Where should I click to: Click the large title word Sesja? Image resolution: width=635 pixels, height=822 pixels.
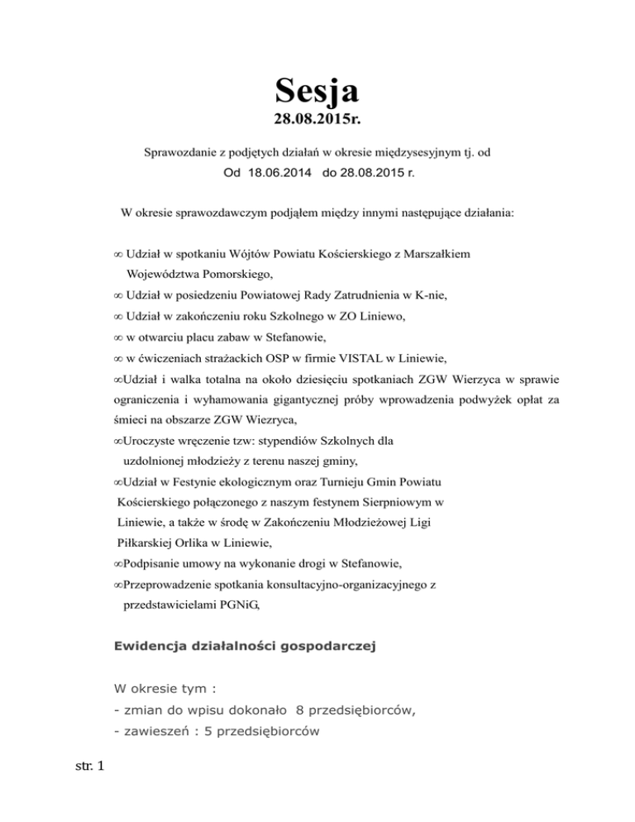(x=317, y=88)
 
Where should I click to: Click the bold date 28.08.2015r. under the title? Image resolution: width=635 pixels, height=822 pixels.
(x=317, y=122)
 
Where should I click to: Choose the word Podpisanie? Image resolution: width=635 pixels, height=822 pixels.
(x=152, y=564)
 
